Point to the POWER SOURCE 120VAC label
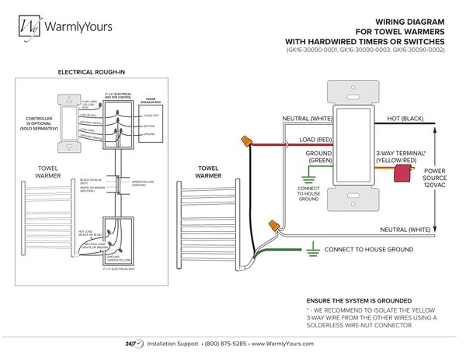[434, 176]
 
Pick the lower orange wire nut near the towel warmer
[274, 224]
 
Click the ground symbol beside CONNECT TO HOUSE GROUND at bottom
[311, 250]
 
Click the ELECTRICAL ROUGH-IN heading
[92, 72]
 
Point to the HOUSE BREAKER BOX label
[151, 101]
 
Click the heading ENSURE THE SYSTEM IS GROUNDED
[359, 300]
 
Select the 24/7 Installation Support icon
[130, 342]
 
